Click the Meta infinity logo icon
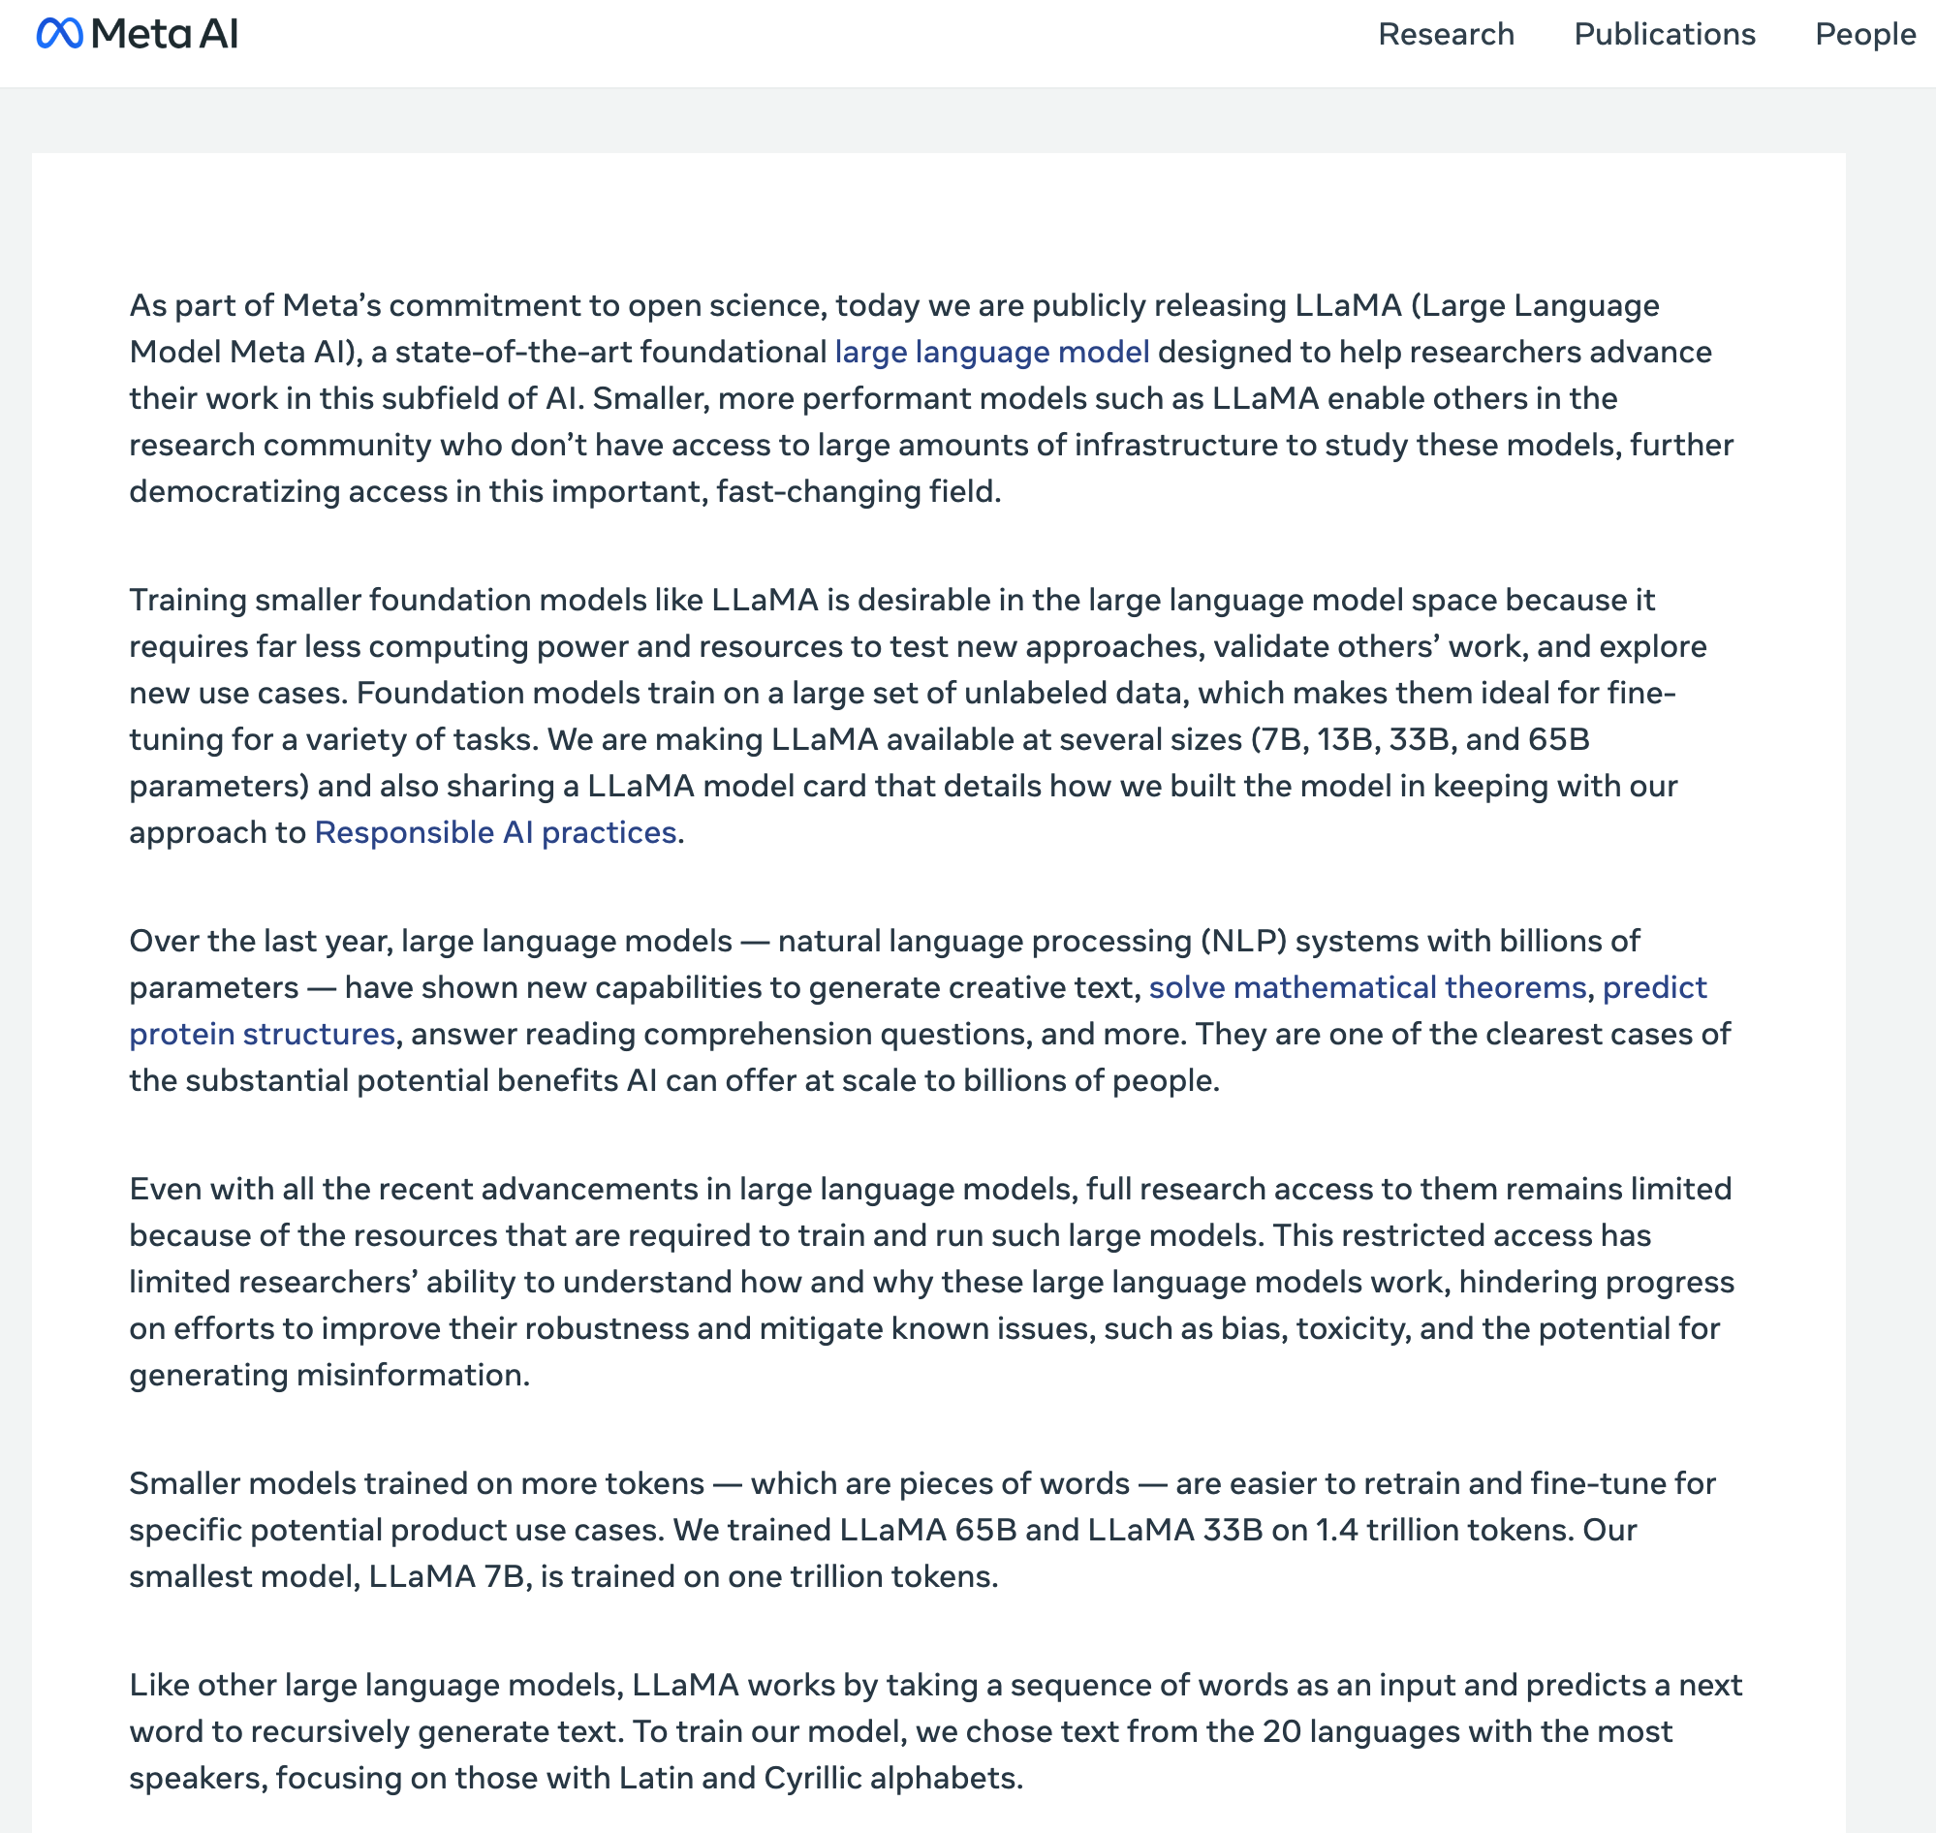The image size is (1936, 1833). pos(59,34)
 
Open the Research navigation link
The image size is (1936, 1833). pos(1446,34)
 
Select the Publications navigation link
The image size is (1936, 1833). pos(1665,34)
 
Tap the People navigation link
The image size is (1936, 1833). pos(1864,34)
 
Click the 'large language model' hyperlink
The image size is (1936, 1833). pos(991,352)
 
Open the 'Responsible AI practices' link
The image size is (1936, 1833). pos(495,832)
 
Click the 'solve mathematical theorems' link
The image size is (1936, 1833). pos(1367,988)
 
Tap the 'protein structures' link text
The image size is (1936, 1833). pos(262,1034)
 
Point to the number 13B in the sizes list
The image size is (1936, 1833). pos(1344,739)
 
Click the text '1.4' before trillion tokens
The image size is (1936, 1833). pos(1336,1530)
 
